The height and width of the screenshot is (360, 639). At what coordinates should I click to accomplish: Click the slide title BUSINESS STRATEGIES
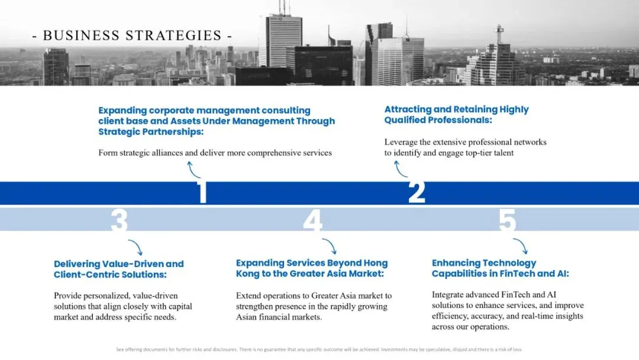point(132,36)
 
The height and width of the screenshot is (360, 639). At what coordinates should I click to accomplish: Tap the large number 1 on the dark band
point(202,192)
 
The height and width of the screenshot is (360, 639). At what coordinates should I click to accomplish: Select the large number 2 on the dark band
point(417,192)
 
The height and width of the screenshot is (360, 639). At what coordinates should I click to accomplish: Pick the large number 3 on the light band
point(119,220)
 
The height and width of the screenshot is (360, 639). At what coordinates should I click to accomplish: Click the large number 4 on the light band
point(312,220)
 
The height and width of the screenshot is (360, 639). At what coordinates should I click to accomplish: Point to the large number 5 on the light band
point(508,220)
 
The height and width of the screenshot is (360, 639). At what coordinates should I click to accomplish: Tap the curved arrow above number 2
point(399,169)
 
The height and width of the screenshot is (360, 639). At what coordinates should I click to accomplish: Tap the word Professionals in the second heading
point(465,120)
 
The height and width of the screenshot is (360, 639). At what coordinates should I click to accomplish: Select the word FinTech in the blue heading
point(512,274)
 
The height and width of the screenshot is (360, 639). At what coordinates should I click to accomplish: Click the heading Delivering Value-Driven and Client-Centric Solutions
point(118,269)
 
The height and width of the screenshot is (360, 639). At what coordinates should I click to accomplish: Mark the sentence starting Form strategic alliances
point(215,153)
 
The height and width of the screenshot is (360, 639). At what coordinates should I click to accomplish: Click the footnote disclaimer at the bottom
point(319,349)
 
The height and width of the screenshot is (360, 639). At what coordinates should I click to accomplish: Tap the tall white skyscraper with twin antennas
point(283,38)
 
